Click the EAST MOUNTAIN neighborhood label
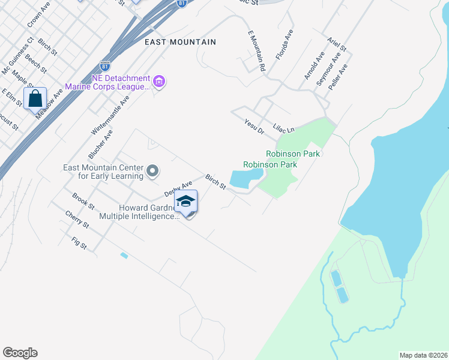180,42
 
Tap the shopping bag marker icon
35,98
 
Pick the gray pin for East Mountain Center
152,172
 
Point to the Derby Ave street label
178,189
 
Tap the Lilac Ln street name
284,128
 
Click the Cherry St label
77,220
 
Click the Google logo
20,353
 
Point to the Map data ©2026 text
423,355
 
